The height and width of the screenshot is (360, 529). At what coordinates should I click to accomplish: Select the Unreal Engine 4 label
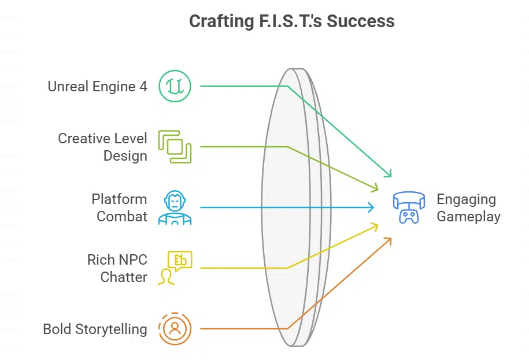pyautogui.click(x=97, y=87)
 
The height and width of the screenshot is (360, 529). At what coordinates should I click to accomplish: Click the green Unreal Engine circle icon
pyautogui.click(x=175, y=86)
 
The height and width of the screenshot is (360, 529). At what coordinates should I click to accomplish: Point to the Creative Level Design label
pyautogui.click(x=102, y=147)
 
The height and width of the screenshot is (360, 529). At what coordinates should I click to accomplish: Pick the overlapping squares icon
pyautogui.click(x=175, y=147)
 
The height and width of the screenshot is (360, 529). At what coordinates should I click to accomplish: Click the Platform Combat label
pyautogui.click(x=119, y=208)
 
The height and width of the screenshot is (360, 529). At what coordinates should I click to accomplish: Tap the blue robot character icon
pyautogui.click(x=175, y=207)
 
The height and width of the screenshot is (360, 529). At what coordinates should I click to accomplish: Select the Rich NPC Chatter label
pyautogui.click(x=117, y=268)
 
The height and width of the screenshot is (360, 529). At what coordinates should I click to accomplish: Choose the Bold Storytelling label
pyautogui.click(x=95, y=329)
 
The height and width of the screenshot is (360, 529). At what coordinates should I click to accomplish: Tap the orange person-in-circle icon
pyautogui.click(x=175, y=328)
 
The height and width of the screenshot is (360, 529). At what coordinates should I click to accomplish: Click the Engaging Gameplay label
pyautogui.click(x=468, y=208)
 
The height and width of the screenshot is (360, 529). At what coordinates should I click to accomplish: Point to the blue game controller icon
pyautogui.click(x=409, y=208)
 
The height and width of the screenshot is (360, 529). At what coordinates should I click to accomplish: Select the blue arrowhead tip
pyautogui.click(x=373, y=207)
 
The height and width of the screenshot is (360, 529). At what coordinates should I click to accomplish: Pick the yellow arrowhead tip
pyautogui.click(x=378, y=226)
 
